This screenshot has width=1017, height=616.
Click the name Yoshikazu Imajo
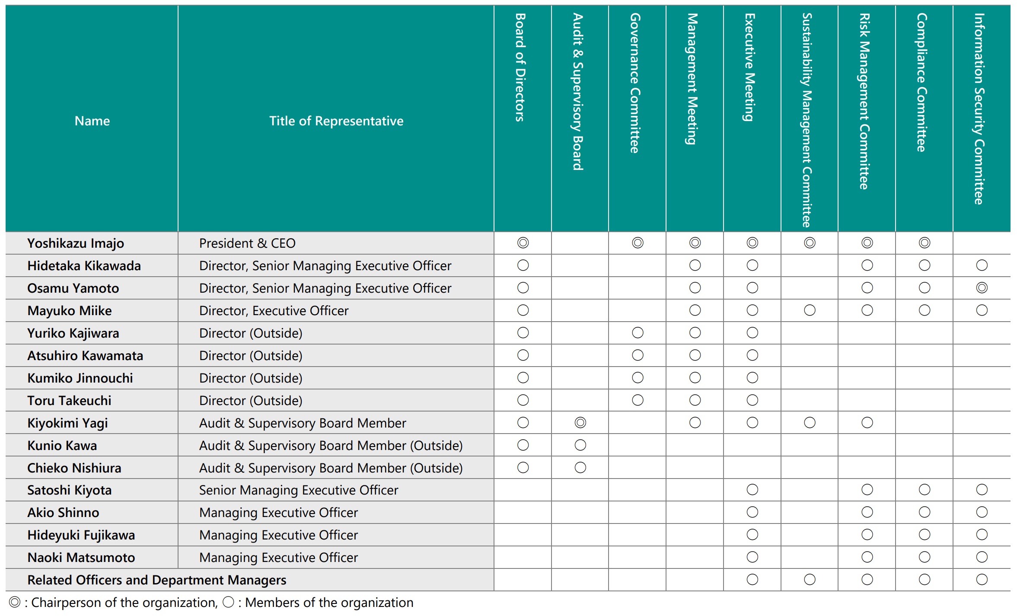point(76,243)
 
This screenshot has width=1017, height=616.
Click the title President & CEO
point(247,243)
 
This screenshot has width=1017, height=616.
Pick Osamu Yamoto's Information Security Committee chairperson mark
point(982,288)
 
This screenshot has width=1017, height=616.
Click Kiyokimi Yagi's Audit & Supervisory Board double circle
point(580,423)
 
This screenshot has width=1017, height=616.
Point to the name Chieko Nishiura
point(74,468)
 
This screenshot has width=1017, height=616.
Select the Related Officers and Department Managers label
point(156,580)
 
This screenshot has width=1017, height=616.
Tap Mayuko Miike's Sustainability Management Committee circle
point(810,310)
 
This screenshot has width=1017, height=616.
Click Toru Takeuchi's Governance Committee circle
point(638,400)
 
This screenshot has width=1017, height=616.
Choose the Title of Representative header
point(336,121)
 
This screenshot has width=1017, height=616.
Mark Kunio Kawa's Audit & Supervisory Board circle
point(580,445)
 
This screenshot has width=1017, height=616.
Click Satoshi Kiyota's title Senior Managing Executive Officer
point(298,490)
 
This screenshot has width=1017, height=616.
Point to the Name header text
point(92,121)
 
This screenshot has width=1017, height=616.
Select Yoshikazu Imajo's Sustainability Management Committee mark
point(810,243)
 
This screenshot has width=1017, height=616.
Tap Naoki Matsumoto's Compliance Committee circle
point(925,557)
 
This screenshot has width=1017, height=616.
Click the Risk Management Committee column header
point(864,102)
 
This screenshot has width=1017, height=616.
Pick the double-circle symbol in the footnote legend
point(15,602)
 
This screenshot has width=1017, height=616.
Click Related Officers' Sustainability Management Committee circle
point(810,580)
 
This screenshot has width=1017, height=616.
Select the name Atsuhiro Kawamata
point(85,356)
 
